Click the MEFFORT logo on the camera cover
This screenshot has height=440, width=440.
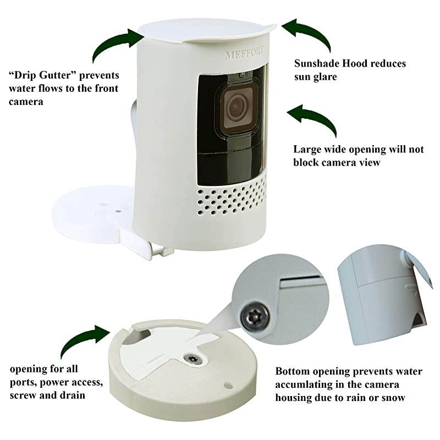point(244,53)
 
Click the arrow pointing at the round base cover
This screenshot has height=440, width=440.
point(85,342)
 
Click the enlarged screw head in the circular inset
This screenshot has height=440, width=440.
point(255,316)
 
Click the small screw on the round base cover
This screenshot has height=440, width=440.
point(193,359)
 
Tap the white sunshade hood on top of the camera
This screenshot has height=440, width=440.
point(208,31)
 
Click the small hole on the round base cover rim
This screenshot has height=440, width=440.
point(228,386)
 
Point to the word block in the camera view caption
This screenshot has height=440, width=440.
point(306,162)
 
